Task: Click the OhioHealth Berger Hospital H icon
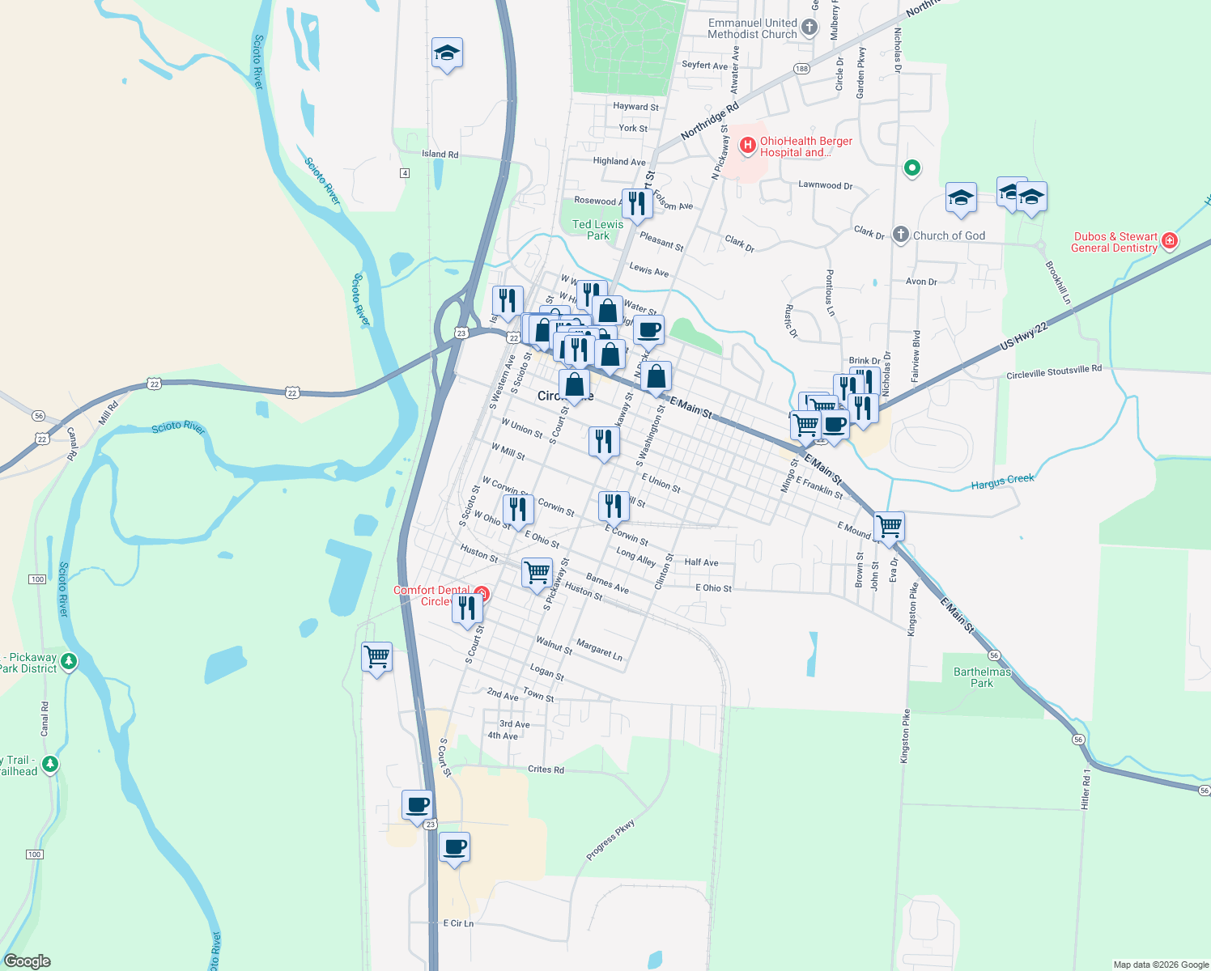747,146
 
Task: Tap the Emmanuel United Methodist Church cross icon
809,29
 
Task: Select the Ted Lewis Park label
597,230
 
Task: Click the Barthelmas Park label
982,677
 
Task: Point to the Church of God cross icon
901,235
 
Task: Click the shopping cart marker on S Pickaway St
538,573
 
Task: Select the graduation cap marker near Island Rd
447,53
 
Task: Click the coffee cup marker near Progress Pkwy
454,847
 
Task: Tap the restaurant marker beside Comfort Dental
467,608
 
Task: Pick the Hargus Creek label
1002,482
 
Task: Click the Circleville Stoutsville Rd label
1053,372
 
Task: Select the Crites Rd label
546,770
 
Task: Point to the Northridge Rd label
709,121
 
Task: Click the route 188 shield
801,69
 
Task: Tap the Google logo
27,961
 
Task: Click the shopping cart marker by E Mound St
889,526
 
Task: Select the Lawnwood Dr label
825,185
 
